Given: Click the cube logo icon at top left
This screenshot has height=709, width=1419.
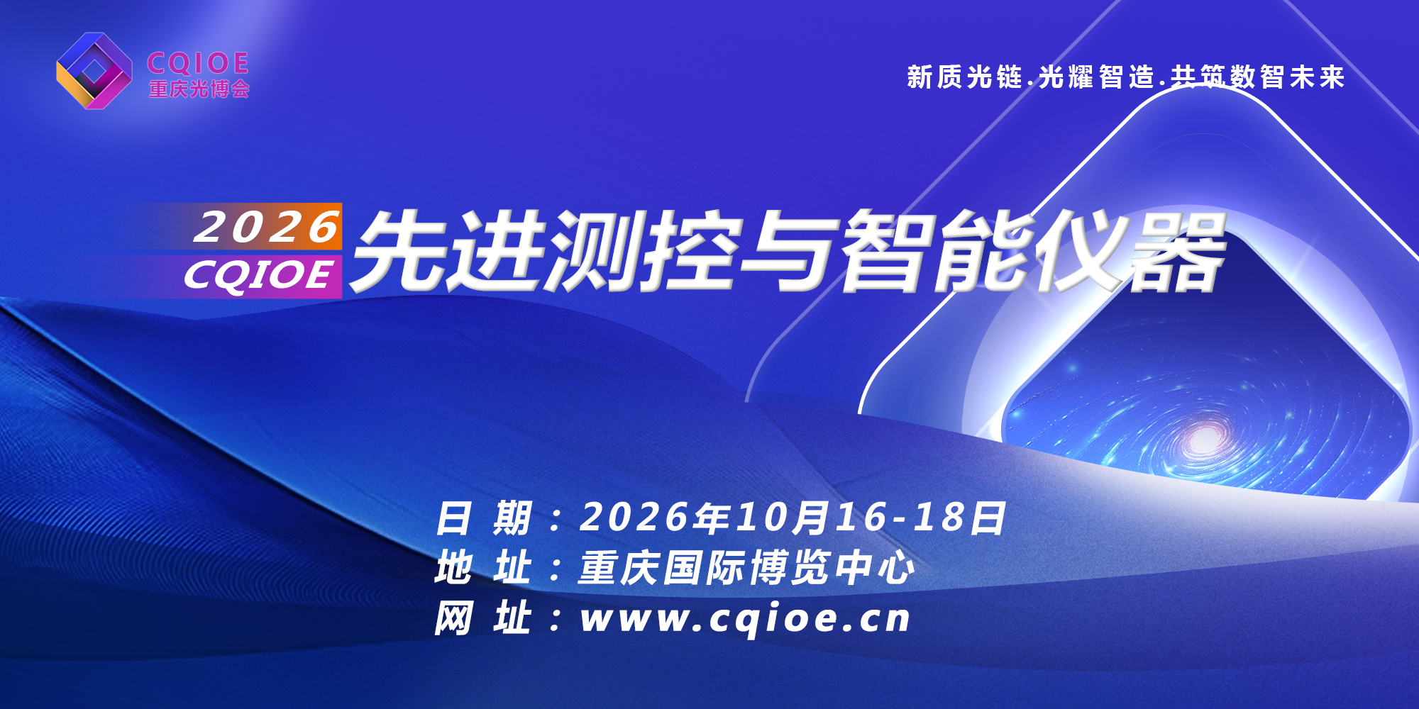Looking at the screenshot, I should tap(94, 71).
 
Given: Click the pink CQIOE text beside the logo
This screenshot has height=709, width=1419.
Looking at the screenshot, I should tap(198, 63).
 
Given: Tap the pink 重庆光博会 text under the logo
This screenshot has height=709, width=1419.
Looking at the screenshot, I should tap(199, 89).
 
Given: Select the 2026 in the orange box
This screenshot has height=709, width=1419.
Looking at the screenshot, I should tap(267, 227).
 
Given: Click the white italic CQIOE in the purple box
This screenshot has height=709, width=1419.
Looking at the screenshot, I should tap(258, 275).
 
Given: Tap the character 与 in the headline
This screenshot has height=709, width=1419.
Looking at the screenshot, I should tap(788, 251).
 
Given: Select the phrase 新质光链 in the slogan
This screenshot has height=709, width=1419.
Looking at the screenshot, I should tap(965, 77).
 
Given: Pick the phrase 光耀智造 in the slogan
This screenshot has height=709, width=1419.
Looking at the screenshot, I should tap(1097, 77).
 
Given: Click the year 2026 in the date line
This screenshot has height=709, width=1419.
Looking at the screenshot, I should tap(634, 518).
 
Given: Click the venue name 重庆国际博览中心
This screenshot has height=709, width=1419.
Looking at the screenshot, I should tap(746, 568).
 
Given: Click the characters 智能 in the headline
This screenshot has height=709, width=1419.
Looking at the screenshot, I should tap(937, 251).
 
